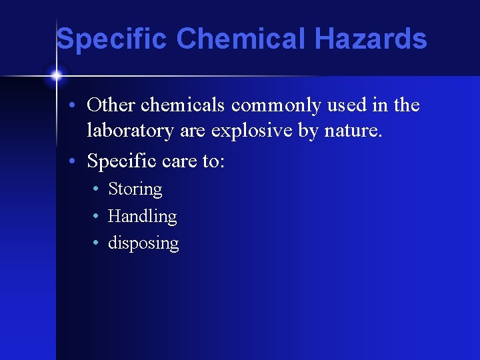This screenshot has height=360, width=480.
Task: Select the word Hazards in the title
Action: click(x=371, y=39)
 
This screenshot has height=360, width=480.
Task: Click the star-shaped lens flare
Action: click(x=56, y=75)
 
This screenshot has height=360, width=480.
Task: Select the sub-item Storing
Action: click(x=135, y=189)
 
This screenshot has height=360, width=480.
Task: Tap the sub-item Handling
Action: click(x=142, y=216)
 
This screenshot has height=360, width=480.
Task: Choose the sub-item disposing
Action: click(x=143, y=243)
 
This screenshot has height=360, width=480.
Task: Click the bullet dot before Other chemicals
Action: click(x=77, y=106)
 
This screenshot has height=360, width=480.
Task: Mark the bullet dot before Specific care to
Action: click(x=77, y=161)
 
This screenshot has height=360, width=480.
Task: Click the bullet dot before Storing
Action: click(x=97, y=190)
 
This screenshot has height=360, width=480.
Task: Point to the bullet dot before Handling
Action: click(x=97, y=217)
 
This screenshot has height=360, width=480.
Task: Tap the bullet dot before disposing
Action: click(x=97, y=243)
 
